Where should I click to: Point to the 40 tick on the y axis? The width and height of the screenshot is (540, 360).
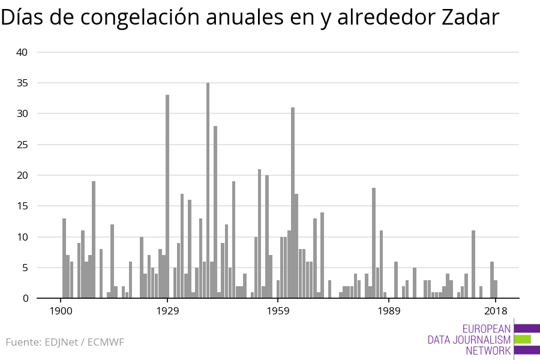22,52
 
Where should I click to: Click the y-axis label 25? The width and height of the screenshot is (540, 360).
22,145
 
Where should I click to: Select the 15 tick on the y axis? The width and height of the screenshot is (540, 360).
22,206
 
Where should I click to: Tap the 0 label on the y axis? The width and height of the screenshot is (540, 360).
25,298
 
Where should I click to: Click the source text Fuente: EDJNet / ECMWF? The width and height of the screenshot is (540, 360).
65,343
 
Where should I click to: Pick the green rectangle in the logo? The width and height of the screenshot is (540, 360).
522,339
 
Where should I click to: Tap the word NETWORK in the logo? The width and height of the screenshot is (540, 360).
488,350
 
